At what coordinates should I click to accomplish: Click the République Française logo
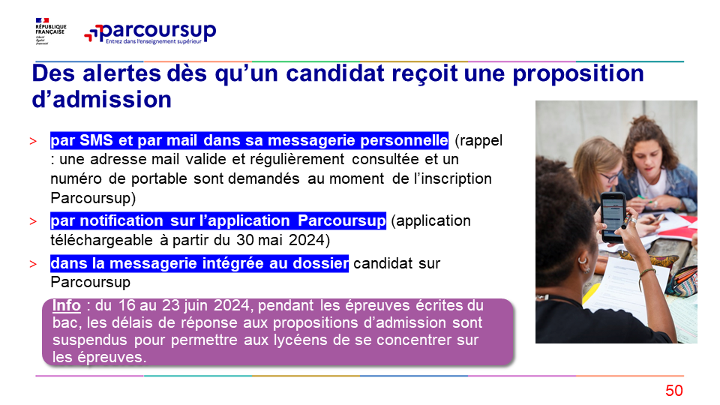pos(51,31)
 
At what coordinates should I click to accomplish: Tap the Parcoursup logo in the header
pos(150,33)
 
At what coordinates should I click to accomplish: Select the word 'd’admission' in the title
pos(101,100)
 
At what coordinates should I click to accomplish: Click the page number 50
pos(674,390)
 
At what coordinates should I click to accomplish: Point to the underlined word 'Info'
pos(67,305)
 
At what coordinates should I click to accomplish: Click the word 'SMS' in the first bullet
pos(96,140)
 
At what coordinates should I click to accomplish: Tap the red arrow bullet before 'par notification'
pos(33,221)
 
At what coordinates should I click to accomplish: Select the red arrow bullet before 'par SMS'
pos(33,141)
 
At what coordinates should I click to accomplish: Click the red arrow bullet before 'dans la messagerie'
pos(33,264)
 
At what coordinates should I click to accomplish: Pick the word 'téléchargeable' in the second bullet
pos(101,240)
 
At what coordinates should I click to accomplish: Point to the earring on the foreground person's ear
pos(583,262)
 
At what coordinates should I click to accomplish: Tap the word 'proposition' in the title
pos(578,74)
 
